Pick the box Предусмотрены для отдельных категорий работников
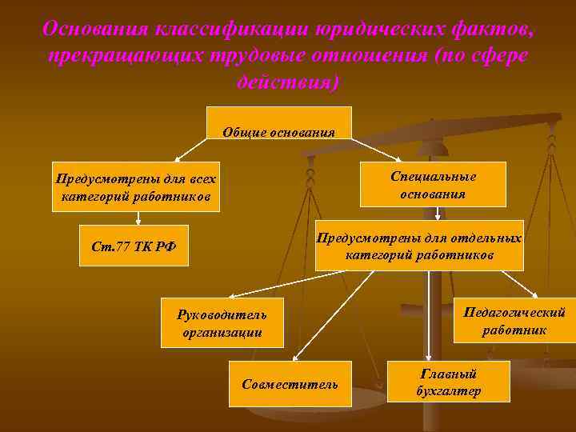tap(420, 246)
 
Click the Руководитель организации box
tap(222, 322)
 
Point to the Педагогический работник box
tap(514, 320)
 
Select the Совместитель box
tap(290, 384)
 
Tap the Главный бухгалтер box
tap(448, 381)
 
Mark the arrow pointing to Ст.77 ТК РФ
tap(138, 218)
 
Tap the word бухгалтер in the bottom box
tap(448, 390)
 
